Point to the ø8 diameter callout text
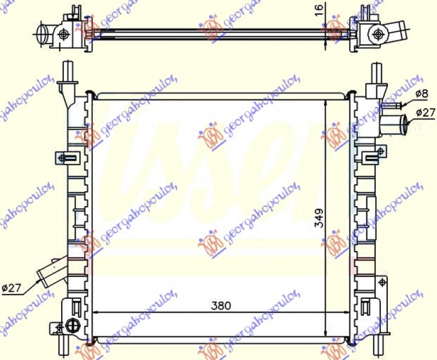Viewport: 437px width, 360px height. (421, 94)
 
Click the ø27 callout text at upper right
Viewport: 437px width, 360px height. (425, 113)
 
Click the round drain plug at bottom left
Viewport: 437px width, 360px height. (72, 326)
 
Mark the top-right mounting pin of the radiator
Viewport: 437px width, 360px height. (376, 71)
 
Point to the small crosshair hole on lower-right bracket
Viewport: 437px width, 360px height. (382, 282)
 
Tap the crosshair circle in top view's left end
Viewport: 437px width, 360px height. (64, 34)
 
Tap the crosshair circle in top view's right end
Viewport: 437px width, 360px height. (377, 34)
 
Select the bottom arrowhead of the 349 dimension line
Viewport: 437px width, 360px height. (326, 333)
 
